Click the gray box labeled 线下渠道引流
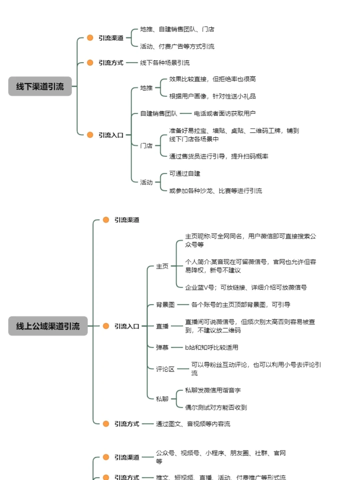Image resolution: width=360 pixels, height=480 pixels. (x=40, y=86)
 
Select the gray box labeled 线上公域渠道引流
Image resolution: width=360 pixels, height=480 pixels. (x=48, y=326)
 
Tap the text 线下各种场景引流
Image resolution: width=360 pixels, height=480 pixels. (x=165, y=63)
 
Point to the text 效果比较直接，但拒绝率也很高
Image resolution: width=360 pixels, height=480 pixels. (x=212, y=79)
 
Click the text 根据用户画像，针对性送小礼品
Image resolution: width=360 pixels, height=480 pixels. (x=212, y=96)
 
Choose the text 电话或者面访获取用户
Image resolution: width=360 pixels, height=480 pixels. (x=225, y=114)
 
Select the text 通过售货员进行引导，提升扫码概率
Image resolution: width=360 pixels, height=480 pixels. (x=218, y=156)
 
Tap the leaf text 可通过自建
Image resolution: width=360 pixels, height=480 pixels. (x=185, y=174)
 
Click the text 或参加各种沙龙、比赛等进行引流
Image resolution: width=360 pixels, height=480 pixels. (x=215, y=191)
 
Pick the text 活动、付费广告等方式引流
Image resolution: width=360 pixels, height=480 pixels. (x=177, y=46)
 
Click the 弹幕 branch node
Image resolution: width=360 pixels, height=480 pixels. (x=162, y=347)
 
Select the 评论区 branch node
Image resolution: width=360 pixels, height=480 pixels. (x=165, y=369)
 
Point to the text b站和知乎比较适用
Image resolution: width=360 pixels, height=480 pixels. (x=212, y=347)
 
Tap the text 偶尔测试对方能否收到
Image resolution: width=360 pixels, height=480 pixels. (x=216, y=407)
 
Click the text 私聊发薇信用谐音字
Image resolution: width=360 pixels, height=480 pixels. (x=213, y=390)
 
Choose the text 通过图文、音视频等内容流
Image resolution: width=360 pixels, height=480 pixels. (x=193, y=424)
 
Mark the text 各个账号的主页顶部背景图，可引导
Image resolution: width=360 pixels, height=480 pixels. (x=240, y=305)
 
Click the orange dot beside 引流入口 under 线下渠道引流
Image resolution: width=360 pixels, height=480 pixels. (x=90, y=135)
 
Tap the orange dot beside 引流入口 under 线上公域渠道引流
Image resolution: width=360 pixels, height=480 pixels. (x=106, y=326)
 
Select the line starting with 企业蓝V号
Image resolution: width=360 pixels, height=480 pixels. (x=246, y=287)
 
